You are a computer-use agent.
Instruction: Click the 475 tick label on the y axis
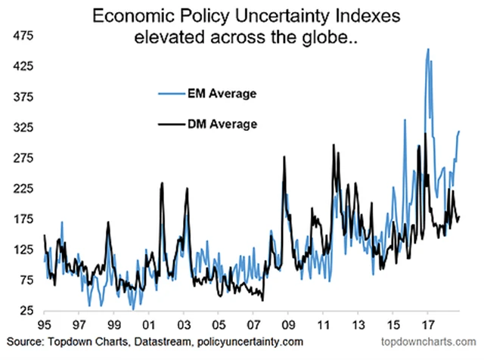tap(15, 36)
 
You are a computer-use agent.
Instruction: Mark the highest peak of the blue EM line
tap(428, 50)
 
